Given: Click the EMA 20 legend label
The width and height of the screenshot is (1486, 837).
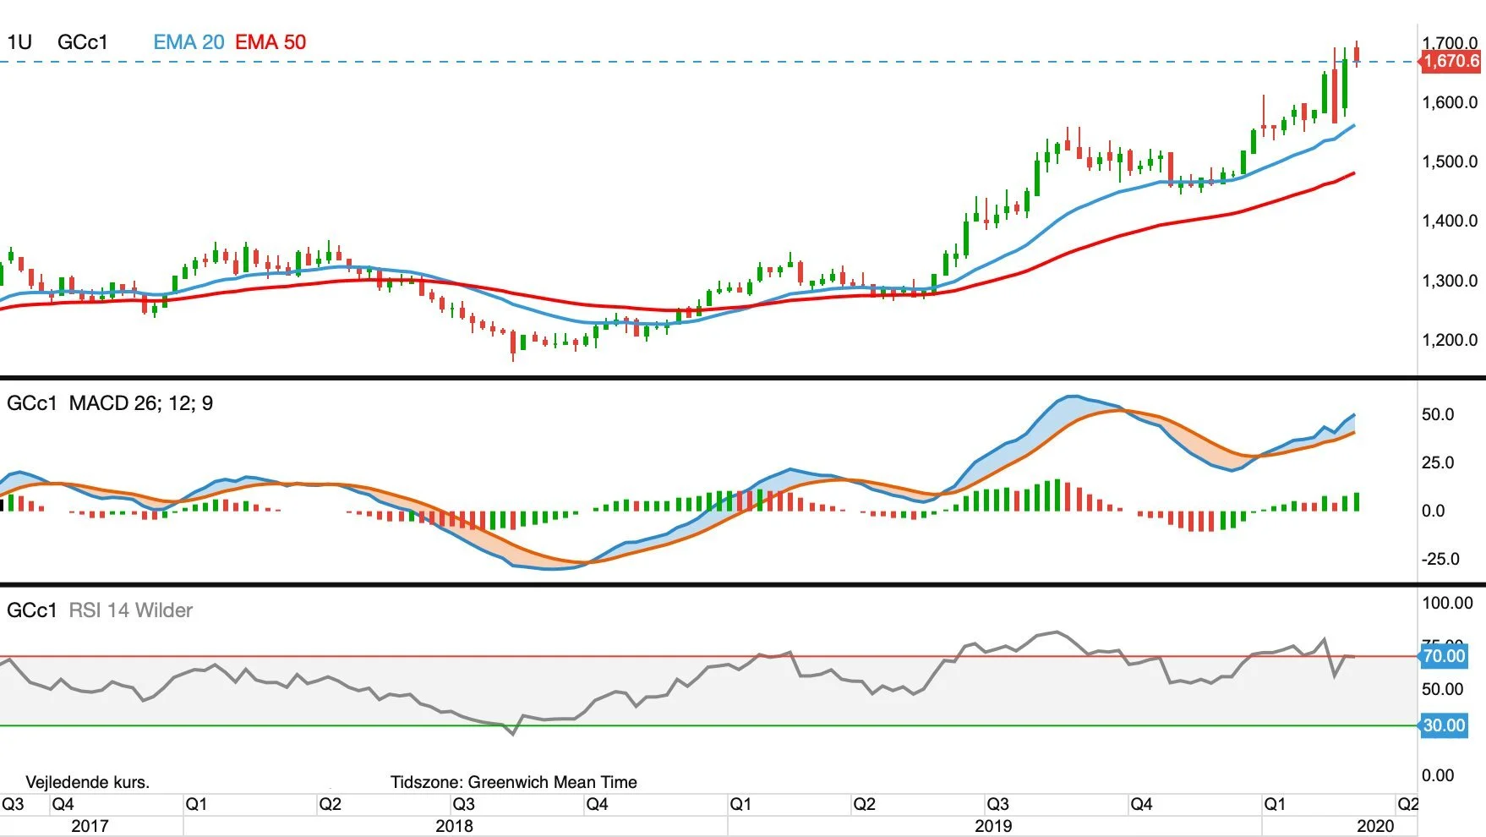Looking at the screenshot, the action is pyautogui.click(x=188, y=42).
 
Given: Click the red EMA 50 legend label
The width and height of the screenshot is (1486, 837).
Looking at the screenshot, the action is pyautogui.click(x=270, y=42).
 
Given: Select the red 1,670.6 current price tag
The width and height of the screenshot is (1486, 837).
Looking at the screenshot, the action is pyautogui.click(x=1450, y=61).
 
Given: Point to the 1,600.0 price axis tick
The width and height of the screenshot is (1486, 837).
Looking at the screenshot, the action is pyautogui.click(x=1450, y=102).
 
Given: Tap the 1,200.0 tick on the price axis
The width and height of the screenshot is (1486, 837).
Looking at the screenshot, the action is pyautogui.click(x=1450, y=340).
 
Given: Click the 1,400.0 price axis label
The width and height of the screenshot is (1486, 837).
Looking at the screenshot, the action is pyautogui.click(x=1450, y=221).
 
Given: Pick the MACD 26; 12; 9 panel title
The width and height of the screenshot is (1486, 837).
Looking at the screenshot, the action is pyautogui.click(x=141, y=403).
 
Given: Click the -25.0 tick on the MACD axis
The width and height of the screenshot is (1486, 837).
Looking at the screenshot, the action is pyautogui.click(x=1440, y=559).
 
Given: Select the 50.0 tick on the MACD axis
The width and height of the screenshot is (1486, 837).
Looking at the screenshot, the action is pyautogui.click(x=1438, y=414).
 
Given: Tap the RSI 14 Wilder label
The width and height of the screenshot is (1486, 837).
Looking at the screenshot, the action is pyautogui.click(x=130, y=610).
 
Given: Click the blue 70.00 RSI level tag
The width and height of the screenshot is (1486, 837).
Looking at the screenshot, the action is pyautogui.click(x=1444, y=656).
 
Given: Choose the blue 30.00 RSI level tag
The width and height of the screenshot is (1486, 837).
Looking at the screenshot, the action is pyautogui.click(x=1444, y=725).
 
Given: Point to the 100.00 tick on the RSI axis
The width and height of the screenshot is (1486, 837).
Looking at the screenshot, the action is pyautogui.click(x=1448, y=603).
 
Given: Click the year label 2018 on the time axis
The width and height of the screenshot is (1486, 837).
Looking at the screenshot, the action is pyautogui.click(x=454, y=826).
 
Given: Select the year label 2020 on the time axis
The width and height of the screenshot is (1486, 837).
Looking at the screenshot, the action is pyautogui.click(x=1375, y=826).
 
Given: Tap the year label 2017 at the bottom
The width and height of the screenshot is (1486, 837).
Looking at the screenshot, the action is pyautogui.click(x=90, y=826).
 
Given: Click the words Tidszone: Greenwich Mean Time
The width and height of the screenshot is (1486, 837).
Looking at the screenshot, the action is pyautogui.click(x=514, y=782).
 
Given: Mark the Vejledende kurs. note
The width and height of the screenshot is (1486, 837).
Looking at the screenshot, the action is pyautogui.click(x=88, y=782).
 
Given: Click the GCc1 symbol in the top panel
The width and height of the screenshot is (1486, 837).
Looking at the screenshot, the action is pyautogui.click(x=83, y=42).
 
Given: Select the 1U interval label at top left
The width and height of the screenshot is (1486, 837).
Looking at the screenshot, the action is pyautogui.click(x=19, y=42).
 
